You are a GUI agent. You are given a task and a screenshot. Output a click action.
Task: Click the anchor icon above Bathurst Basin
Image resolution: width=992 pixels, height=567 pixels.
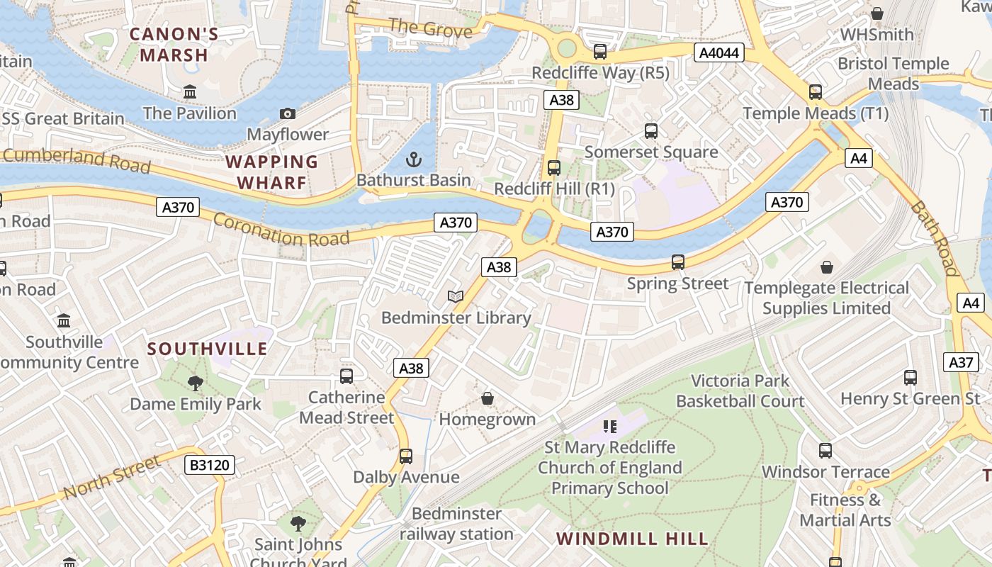coord(413,159)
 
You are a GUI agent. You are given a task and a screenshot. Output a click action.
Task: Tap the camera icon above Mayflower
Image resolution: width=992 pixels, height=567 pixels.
coord(288,113)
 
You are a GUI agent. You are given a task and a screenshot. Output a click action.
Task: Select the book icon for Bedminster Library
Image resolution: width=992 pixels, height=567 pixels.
coord(456,296)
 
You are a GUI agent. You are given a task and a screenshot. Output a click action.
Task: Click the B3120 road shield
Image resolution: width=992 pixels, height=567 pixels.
coord(209,465)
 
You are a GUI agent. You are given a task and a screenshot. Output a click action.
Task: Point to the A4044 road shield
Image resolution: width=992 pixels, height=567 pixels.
coord(718,52)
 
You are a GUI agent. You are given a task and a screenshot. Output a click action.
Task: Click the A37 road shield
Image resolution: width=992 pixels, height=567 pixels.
coord(961,362)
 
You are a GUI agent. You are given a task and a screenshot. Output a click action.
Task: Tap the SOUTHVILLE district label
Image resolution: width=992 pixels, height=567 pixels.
coord(208,349)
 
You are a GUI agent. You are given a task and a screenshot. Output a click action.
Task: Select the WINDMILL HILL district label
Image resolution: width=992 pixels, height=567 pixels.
coord(632,539)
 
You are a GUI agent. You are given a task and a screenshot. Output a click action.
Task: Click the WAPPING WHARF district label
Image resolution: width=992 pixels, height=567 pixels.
coord(272,172)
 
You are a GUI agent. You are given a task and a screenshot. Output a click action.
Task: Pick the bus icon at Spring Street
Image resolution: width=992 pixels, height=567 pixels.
coord(678,262)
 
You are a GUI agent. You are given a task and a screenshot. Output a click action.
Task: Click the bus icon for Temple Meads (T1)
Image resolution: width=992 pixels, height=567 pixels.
coord(816,91)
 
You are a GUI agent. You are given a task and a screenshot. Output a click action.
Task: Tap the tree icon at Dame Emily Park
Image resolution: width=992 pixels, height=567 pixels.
coord(196,383)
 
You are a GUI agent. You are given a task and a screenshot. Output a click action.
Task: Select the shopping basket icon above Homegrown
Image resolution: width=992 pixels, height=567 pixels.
coord(487,398)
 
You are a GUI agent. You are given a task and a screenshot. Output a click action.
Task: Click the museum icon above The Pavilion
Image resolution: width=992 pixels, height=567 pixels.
coord(190,92)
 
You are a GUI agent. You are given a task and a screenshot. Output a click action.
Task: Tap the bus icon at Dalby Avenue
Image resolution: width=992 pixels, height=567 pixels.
coord(406,456)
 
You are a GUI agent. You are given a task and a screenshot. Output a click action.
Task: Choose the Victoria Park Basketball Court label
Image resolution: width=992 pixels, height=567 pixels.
coord(740,391)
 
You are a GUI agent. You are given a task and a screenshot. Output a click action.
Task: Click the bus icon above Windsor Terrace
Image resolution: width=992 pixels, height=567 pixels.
coord(825,450)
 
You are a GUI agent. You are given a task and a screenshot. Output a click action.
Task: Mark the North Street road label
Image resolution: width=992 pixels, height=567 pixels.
coord(111,478)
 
